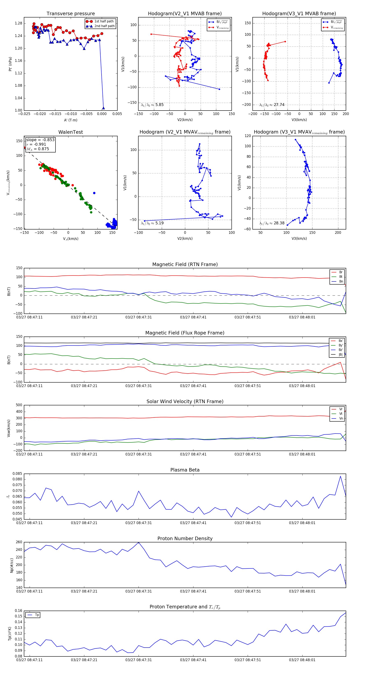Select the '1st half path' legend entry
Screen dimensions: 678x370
(x=104, y=21)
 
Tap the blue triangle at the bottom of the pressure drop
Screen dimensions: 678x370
(x=103, y=108)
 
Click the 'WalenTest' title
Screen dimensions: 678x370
(x=71, y=132)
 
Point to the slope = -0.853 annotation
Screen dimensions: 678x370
(x=40, y=140)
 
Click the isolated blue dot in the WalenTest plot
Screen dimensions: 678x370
(x=94, y=193)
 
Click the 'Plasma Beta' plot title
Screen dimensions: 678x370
(x=185, y=470)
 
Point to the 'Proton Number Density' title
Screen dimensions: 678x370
(x=185, y=538)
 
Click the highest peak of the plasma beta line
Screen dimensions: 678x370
(x=340, y=476)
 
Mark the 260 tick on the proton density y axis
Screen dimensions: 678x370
(x=19, y=542)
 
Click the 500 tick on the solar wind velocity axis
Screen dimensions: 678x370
(x=19, y=405)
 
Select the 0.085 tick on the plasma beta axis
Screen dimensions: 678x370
(x=17, y=474)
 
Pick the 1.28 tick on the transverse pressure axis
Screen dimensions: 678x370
(x=18, y=23)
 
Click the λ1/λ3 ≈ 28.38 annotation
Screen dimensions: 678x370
(x=272, y=223)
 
